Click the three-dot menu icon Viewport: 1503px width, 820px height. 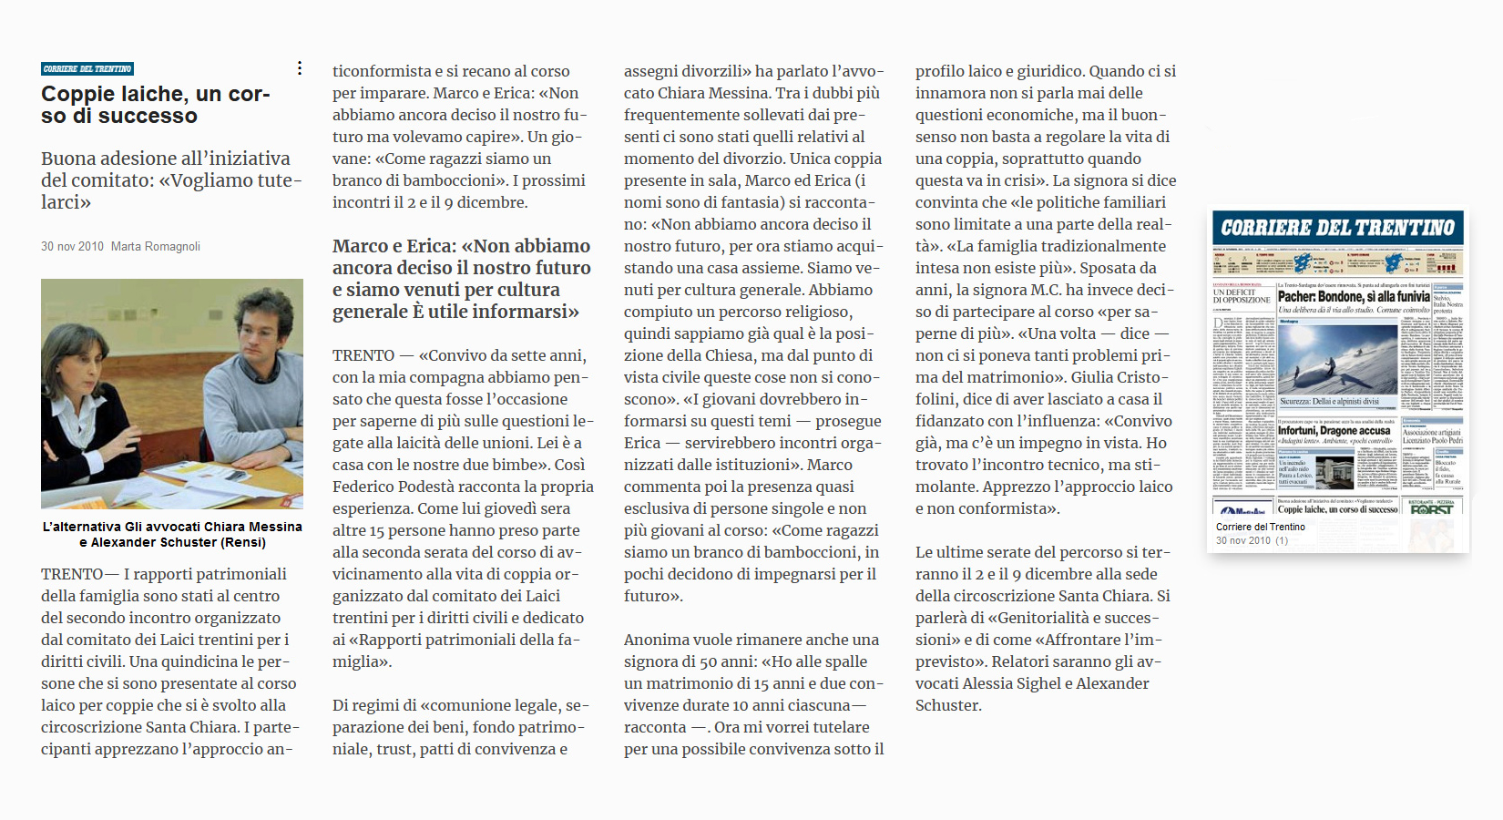pos(300,68)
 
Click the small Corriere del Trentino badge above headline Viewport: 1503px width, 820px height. pos(87,69)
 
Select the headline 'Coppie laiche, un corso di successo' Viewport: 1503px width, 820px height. pos(156,105)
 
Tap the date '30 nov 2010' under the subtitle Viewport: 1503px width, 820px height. pos(72,247)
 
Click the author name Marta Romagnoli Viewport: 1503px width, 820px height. pos(156,247)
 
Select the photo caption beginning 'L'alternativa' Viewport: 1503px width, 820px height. pos(172,534)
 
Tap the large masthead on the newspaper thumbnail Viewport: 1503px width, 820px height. pos(1337,228)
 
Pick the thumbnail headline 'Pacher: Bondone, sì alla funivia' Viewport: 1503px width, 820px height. pos(1353,296)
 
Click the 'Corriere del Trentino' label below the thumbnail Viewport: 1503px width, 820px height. pos(1261,527)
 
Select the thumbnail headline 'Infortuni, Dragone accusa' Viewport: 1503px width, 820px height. pos(1334,431)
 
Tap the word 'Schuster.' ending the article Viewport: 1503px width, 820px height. pos(948,705)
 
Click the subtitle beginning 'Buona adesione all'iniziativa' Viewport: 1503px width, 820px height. pos(171,180)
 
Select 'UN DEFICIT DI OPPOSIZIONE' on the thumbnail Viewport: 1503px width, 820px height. pos(1241,296)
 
